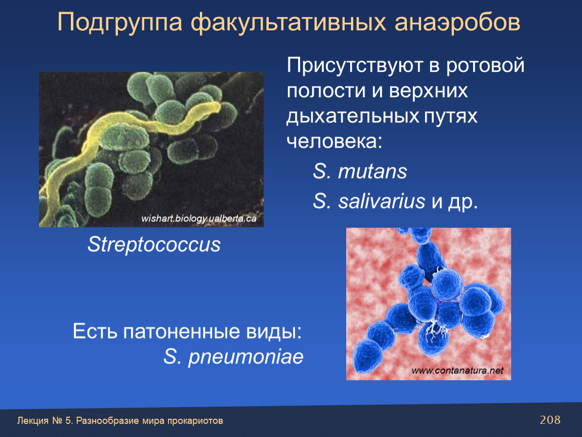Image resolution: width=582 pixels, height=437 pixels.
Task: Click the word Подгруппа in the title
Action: [x=119, y=23]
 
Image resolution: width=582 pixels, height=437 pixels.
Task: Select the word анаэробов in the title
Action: [x=458, y=23]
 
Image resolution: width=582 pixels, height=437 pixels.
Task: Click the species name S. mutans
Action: [x=360, y=171]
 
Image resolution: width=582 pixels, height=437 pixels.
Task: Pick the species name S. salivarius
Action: [x=368, y=201]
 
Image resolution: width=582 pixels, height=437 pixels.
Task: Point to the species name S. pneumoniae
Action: [x=233, y=357]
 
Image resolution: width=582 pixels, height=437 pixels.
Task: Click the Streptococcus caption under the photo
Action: [x=154, y=244]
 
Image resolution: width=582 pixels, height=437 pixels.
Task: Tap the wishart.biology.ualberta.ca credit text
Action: [x=198, y=219]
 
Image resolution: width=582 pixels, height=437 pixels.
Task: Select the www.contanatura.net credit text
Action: [x=458, y=370]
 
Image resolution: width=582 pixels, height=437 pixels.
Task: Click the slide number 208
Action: [x=550, y=420]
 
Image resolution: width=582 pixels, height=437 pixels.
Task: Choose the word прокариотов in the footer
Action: [x=195, y=421]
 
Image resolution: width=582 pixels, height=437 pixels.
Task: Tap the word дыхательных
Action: [x=353, y=116]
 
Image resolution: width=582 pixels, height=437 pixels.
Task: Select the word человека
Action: [x=332, y=141]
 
